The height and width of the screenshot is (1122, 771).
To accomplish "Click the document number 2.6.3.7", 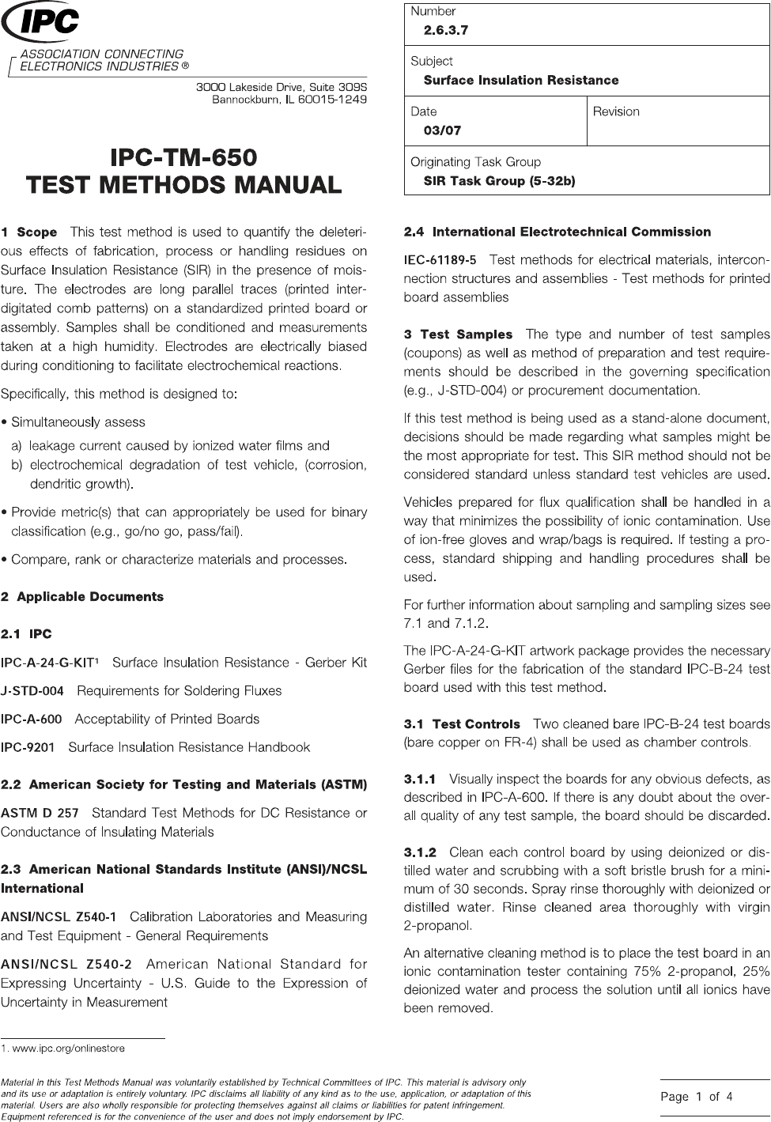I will pyautogui.click(x=446, y=31).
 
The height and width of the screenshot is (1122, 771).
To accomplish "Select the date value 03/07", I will pyautogui.click(x=442, y=130).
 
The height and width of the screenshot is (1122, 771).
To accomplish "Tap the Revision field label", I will pyautogui.click(x=616, y=111).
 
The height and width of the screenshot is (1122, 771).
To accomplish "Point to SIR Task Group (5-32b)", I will pyautogui.click(x=499, y=181).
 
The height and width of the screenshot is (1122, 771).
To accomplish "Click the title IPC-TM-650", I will pyautogui.click(x=184, y=156).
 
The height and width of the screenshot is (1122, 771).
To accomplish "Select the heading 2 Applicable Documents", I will pyautogui.click(x=82, y=596).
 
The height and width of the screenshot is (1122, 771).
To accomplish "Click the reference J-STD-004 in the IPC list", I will pyautogui.click(x=32, y=690).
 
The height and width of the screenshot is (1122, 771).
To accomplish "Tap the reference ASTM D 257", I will pyautogui.click(x=40, y=813).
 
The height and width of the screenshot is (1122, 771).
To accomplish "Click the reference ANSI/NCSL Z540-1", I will pyautogui.click(x=59, y=916).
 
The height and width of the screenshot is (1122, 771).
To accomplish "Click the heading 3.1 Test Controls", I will pyautogui.click(x=463, y=723).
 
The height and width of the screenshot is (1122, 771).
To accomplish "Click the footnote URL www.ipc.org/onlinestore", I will pyautogui.click(x=66, y=1048).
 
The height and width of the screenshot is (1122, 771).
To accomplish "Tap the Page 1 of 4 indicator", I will pyautogui.click(x=697, y=1096).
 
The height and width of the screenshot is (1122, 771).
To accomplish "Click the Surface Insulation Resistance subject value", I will pyautogui.click(x=521, y=80).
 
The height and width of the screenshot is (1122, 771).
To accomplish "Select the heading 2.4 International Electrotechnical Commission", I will pyautogui.click(x=557, y=232).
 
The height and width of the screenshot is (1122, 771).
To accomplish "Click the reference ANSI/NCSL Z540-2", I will pyautogui.click(x=60, y=964).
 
